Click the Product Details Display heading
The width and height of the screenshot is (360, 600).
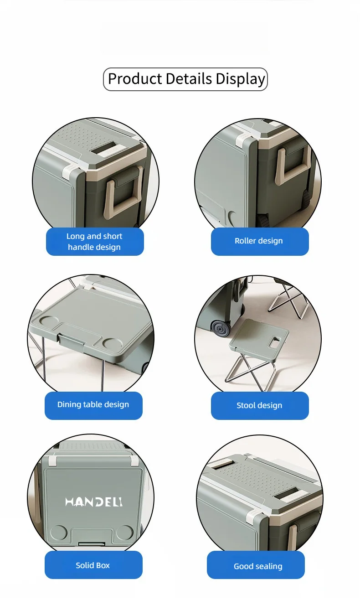coord(185,79)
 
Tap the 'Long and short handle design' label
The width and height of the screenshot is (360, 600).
coord(95,242)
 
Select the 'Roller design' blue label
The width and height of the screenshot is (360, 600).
coord(260,241)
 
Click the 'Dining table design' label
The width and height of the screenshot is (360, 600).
coord(93,405)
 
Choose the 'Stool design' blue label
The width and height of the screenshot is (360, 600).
coord(260,405)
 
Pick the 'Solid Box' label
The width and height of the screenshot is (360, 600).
coord(93,565)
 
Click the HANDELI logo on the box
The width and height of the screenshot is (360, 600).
coord(94,502)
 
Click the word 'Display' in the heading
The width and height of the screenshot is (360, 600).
coord(240,79)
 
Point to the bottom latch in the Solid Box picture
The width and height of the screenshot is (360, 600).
coord(92,544)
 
